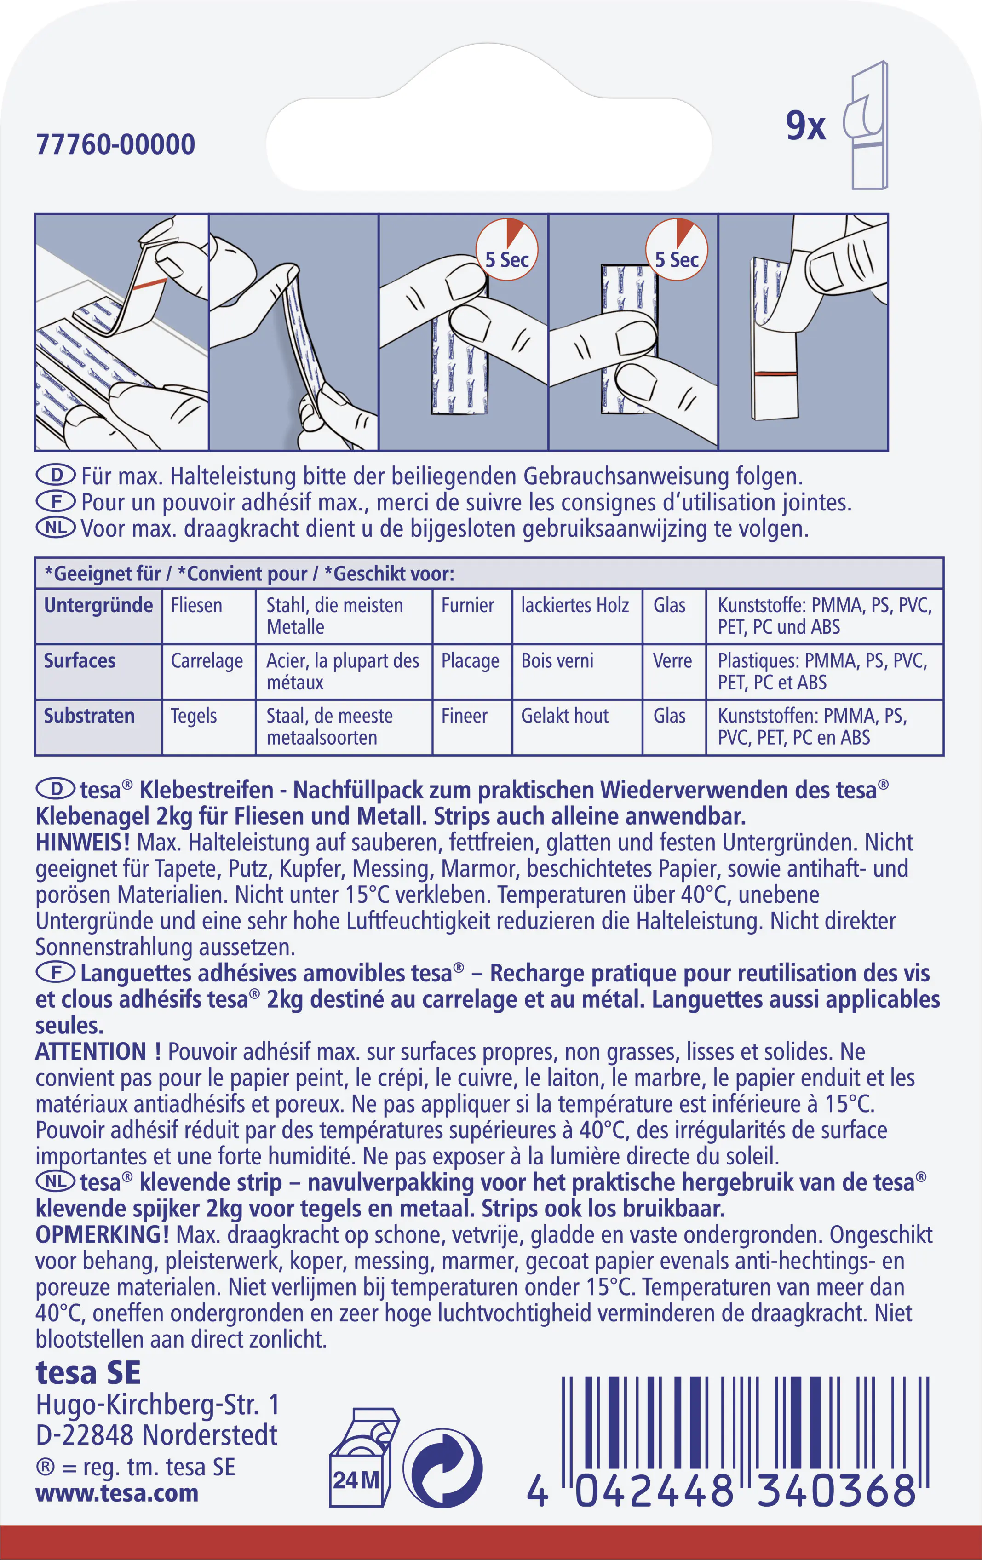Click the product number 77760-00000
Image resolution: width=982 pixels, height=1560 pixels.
click(x=115, y=144)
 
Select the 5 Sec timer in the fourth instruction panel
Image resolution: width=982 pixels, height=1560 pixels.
click(x=676, y=251)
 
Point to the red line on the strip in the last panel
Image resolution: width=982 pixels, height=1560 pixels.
click(x=774, y=374)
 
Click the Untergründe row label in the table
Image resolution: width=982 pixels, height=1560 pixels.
click(x=98, y=605)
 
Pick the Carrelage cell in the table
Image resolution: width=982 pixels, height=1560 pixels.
click(x=207, y=661)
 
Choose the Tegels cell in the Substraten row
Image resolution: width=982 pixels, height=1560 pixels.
click(x=193, y=716)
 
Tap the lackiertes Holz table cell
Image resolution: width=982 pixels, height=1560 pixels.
click(x=574, y=605)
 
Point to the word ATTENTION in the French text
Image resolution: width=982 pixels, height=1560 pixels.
click(x=91, y=1051)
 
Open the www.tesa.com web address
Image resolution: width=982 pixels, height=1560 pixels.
click(x=116, y=1493)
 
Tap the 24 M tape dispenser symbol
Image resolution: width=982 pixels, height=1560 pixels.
click(x=362, y=1457)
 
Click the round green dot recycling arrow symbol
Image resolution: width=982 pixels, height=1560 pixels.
click(x=443, y=1468)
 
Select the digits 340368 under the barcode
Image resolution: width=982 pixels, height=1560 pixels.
click(x=836, y=1491)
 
